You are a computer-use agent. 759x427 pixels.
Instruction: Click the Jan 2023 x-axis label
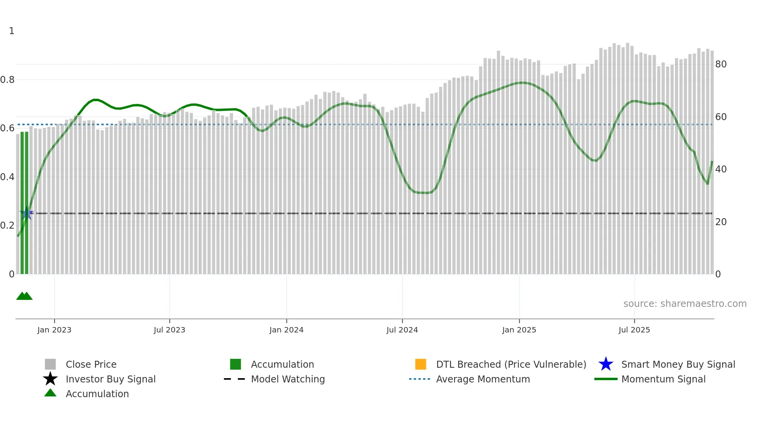coord(54,330)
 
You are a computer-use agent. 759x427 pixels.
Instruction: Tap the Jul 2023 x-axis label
coord(169,330)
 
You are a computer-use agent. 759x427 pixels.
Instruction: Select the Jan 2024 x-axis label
coord(286,330)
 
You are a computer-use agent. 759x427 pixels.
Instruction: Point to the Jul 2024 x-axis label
coord(402,330)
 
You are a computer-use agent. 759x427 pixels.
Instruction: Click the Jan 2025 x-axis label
coord(519,330)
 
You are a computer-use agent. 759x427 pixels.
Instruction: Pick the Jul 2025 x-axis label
coord(634,330)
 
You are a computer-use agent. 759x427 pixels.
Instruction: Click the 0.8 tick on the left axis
coord(7,80)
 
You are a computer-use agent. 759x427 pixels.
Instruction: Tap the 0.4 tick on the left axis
coord(7,177)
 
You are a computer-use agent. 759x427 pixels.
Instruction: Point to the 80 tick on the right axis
coord(721,64)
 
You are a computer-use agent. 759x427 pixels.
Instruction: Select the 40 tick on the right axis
coord(721,169)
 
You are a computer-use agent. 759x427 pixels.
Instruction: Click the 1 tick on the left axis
coord(12,31)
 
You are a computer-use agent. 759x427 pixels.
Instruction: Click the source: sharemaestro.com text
coord(685,304)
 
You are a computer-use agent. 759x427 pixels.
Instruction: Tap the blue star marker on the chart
coord(26,213)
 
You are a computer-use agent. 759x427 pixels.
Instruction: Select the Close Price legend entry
coord(91,365)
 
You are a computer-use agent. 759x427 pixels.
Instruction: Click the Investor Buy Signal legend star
coord(50,379)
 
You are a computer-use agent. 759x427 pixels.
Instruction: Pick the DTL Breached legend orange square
coord(421,364)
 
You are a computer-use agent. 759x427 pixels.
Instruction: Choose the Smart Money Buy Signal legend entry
coord(678,365)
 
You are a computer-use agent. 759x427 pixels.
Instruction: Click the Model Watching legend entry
coord(288,379)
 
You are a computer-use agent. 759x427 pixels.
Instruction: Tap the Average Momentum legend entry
coord(483,379)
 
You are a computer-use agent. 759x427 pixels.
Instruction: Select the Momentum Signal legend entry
coord(663,379)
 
